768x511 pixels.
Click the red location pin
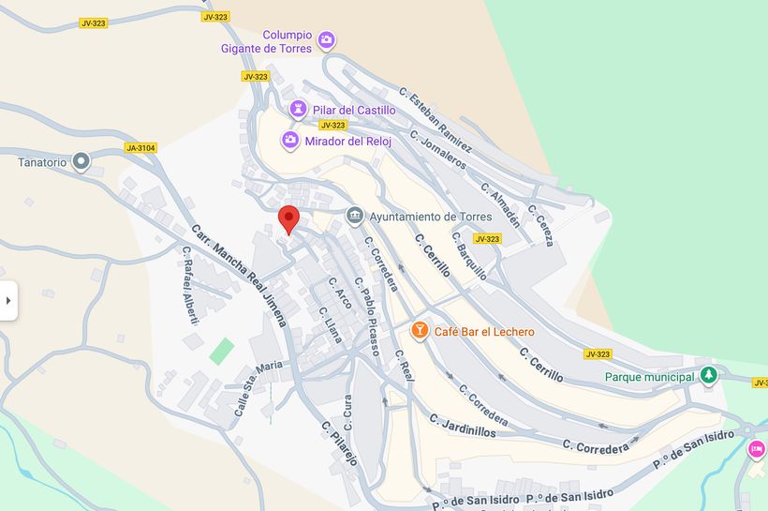(289, 218)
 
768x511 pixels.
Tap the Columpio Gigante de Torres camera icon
(326, 40)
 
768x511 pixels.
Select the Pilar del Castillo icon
(299, 110)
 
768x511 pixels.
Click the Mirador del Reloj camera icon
(291, 141)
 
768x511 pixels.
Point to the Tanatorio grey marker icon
(81, 162)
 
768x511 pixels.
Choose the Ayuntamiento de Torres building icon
(355, 217)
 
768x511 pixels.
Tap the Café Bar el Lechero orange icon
(420, 331)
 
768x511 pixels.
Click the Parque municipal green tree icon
(709, 376)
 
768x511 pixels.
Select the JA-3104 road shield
(140, 147)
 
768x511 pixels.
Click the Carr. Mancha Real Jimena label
(239, 274)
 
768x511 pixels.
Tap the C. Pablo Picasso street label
(368, 317)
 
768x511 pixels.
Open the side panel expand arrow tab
(8, 301)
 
